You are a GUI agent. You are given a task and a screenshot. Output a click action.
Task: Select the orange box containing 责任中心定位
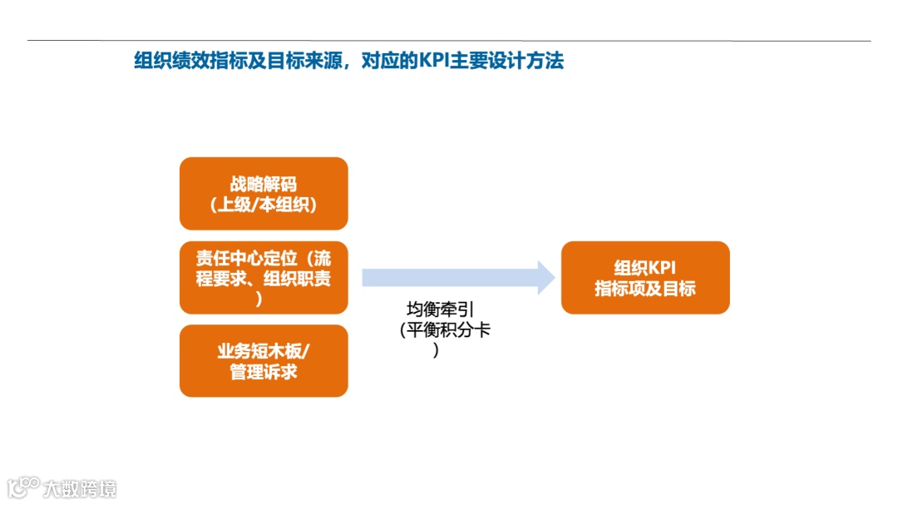click(263, 277)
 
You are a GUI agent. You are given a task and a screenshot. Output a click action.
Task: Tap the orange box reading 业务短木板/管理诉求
click(263, 360)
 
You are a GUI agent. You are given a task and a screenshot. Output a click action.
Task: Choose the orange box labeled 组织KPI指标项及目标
click(645, 278)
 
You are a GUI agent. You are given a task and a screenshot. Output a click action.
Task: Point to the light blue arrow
click(449, 277)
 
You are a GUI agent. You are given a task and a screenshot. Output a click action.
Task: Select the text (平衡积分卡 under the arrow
click(446, 330)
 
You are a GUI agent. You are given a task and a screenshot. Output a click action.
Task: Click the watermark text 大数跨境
click(81, 488)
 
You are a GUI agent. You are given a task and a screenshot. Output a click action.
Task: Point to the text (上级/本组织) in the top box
click(263, 204)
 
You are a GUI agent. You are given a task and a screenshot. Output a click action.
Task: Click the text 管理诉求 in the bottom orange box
click(263, 372)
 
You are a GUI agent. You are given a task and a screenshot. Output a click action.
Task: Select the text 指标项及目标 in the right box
click(645, 290)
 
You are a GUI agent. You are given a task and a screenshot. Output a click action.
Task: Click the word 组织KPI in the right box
click(645, 268)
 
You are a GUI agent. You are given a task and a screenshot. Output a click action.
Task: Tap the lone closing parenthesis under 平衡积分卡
click(436, 350)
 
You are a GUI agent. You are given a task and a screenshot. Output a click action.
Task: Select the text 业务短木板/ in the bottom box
click(263, 350)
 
